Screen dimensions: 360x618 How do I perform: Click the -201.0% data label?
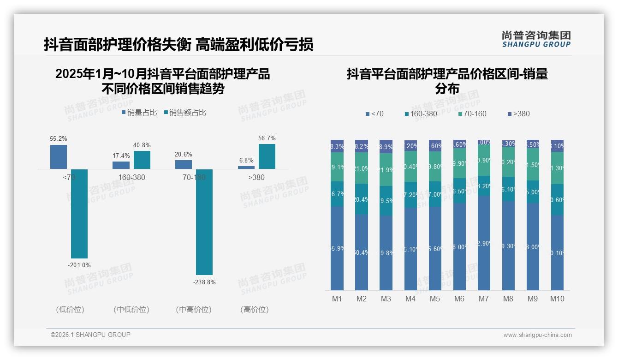(x=79, y=265)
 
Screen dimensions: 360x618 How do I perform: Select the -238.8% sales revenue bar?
(x=204, y=222)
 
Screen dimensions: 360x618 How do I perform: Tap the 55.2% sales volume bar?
(x=59, y=157)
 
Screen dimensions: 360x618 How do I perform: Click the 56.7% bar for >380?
(x=267, y=156)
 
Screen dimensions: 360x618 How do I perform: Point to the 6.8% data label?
(x=246, y=160)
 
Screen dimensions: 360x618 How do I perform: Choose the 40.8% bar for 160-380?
(x=142, y=160)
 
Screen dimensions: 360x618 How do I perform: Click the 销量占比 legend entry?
(x=139, y=112)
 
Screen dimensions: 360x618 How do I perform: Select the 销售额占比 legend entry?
(x=185, y=112)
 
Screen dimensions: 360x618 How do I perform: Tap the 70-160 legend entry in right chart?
(x=472, y=114)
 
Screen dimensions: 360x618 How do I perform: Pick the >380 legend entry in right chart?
(x=518, y=114)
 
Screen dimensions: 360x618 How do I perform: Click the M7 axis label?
(x=483, y=299)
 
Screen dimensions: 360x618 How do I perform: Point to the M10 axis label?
(x=557, y=299)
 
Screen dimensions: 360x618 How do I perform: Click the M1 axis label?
(x=337, y=299)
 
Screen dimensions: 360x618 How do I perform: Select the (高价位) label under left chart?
(x=255, y=310)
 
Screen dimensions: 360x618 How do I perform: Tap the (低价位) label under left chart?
(x=70, y=310)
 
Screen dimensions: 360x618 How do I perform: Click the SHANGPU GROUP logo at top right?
(x=536, y=39)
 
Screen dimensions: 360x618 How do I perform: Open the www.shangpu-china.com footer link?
(x=537, y=335)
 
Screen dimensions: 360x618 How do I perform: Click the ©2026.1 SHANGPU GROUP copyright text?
(x=90, y=335)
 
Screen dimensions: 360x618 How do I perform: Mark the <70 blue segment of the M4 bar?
(x=410, y=249)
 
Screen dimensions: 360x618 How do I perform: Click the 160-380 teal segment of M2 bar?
(x=362, y=199)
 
